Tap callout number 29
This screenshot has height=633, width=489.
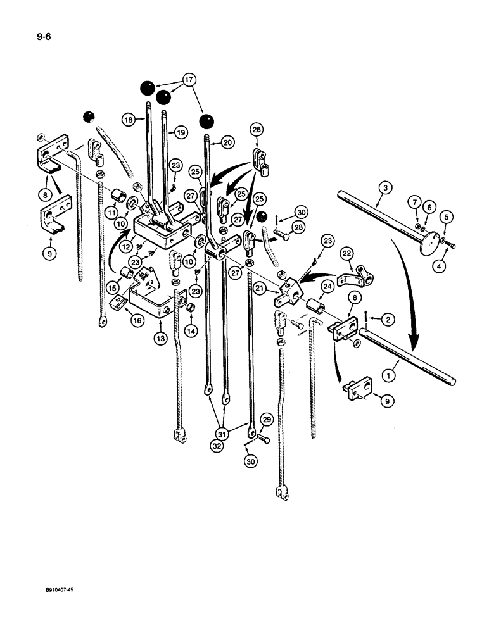267,420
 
